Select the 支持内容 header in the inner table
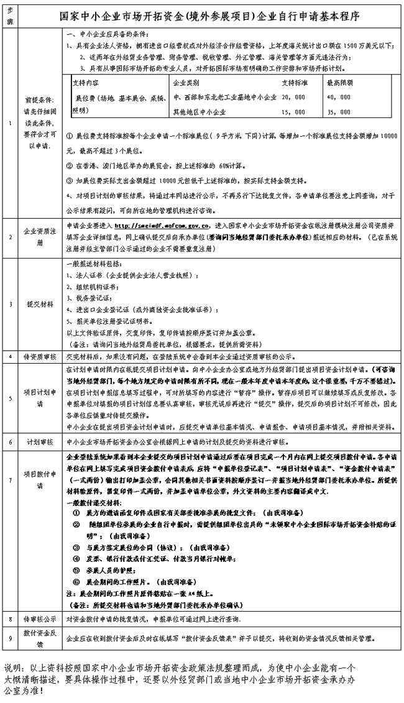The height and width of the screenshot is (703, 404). pyautogui.click(x=86, y=81)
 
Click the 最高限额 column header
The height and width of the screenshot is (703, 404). pyautogui.click(x=339, y=81)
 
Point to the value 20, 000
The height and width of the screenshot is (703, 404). pyautogui.click(x=294, y=98)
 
